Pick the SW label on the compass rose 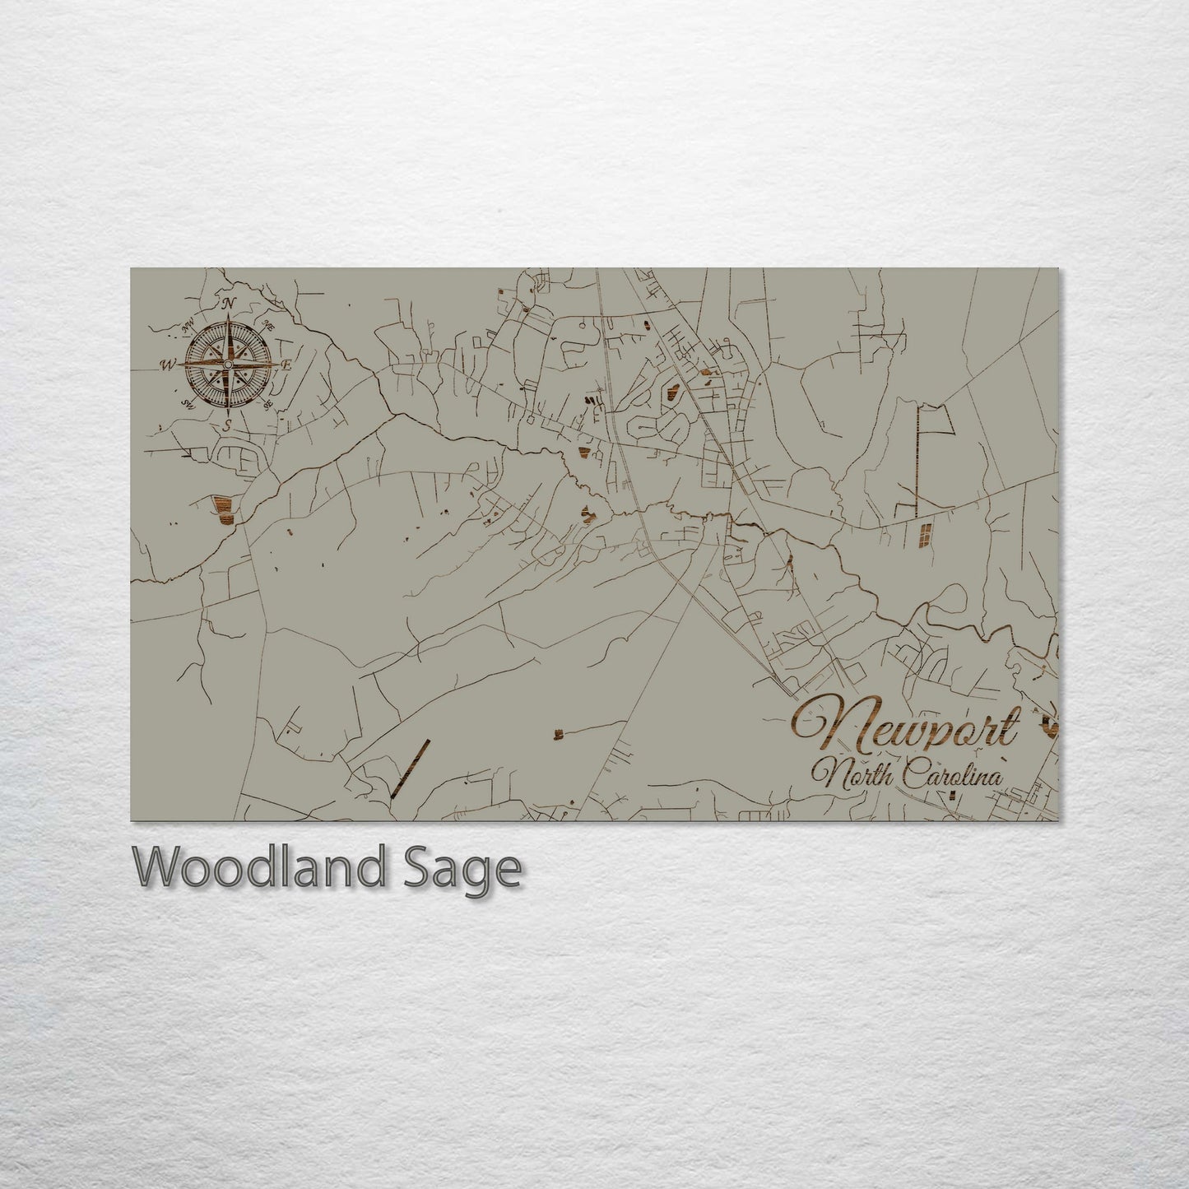[188, 403]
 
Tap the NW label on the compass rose [188, 323]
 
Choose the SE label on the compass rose [267, 405]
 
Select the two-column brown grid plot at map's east [927, 535]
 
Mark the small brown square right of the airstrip [558, 732]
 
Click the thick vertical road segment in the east [918, 461]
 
